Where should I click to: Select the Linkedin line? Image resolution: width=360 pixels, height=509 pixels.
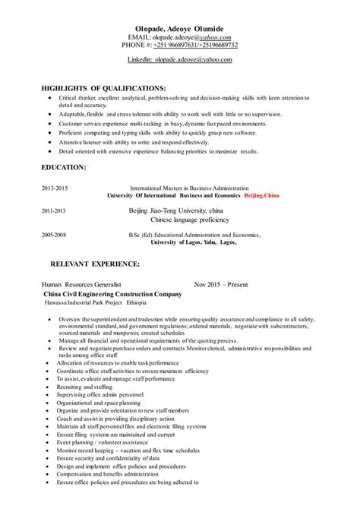[x=179, y=58]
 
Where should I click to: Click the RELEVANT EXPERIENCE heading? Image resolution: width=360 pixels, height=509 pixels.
[x=94, y=265]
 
